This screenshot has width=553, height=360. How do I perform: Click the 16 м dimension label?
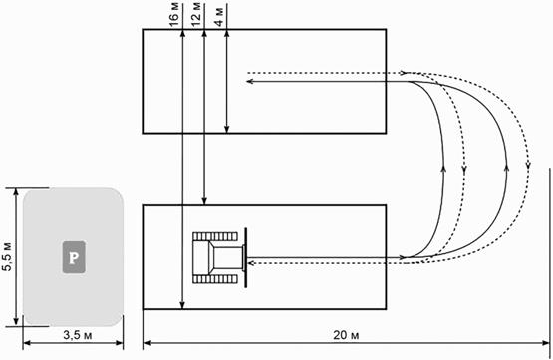(x=174, y=15)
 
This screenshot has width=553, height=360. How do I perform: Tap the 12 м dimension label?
(x=196, y=14)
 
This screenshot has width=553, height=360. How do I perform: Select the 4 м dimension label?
(x=219, y=17)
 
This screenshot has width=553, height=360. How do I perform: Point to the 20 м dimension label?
(x=346, y=335)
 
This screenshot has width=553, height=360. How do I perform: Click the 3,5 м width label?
(x=78, y=335)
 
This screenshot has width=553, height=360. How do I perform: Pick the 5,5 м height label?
(x=7, y=256)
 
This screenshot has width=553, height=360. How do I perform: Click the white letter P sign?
(x=74, y=257)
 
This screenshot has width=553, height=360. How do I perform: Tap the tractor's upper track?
(x=215, y=236)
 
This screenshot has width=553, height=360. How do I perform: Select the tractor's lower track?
(x=215, y=279)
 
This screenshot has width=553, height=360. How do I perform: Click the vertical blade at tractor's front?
(x=245, y=257)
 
